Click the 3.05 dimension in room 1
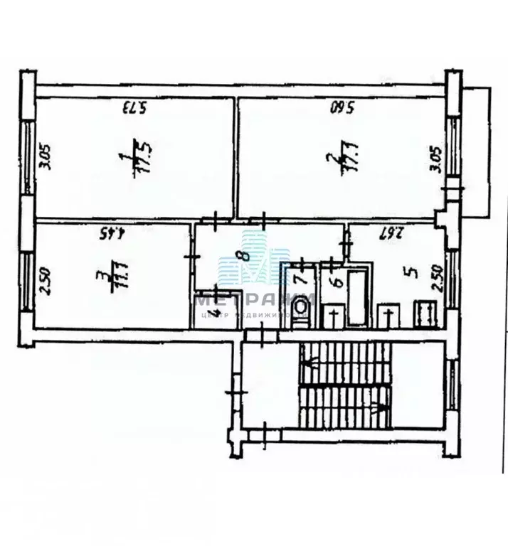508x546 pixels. [45, 157]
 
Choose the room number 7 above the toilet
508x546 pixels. [300, 272]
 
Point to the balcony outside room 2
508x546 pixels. [475, 149]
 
